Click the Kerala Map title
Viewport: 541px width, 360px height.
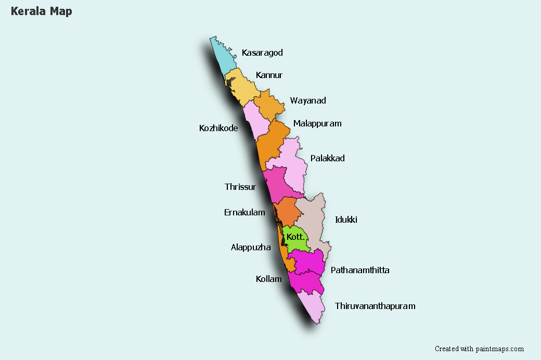click(41, 11)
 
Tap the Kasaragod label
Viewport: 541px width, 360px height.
click(262, 53)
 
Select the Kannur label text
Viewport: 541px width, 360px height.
click(269, 75)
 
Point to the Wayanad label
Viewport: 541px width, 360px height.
click(308, 100)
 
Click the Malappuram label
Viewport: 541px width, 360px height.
click(317, 123)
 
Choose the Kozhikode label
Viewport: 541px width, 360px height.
click(218, 128)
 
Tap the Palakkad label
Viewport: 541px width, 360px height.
click(327, 158)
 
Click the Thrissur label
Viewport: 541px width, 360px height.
click(240, 187)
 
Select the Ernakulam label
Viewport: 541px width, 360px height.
click(244, 212)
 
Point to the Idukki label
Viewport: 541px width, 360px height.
click(346, 220)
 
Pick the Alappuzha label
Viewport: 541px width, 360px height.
click(251, 248)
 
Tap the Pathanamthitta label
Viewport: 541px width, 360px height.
click(360, 270)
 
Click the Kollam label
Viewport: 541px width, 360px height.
click(268, 279)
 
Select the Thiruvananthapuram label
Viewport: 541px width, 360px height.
click(375, 306)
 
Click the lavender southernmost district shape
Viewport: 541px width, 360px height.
click(312, 307)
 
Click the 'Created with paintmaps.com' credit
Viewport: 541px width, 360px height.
click(479, 349)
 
